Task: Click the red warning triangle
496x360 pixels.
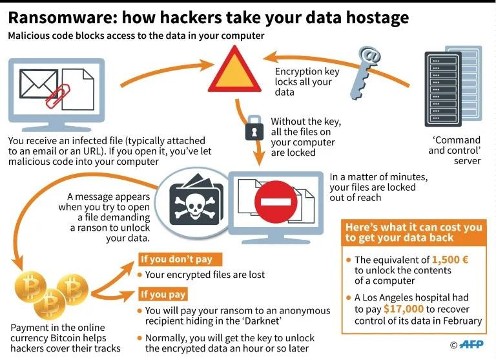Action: point(234,69)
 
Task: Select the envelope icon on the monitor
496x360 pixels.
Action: point(39,84)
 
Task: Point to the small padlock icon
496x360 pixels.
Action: point(254,128)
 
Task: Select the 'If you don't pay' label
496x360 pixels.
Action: point(180,259)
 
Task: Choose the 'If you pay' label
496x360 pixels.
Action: point(163,294)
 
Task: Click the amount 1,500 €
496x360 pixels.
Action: point(449,260)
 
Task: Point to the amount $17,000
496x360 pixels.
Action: point(403,309)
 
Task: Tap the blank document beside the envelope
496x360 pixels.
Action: point(77,90)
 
